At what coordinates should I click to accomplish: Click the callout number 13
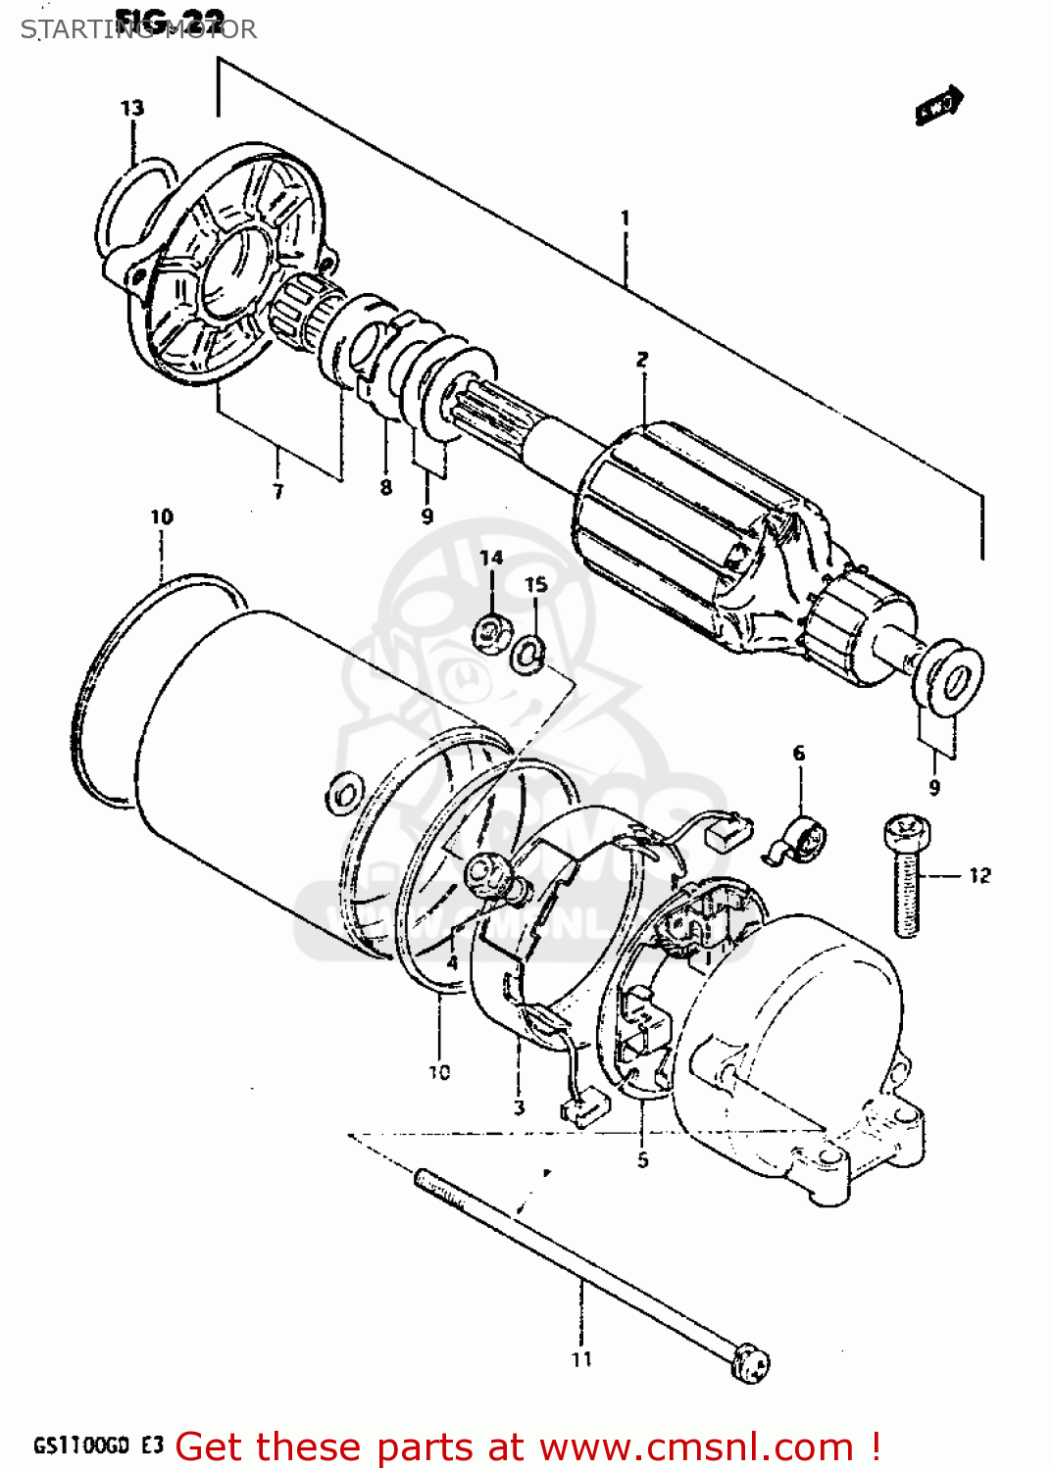tap(132, 108)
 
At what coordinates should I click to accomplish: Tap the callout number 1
tap(625, 218)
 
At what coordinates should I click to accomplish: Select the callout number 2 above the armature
tap(642, 360)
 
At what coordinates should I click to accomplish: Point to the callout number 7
tap(277, 491)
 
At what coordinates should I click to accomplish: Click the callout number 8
tap(386, 487)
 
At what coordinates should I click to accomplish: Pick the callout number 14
tap(491, 558)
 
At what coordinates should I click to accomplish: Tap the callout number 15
tap(535, 584)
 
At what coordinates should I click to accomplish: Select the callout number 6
tap(799, 753)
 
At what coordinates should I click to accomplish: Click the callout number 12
tap(979, 875)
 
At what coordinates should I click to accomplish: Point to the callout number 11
tap(581, 1359)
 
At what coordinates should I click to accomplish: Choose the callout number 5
tap(642, 1160)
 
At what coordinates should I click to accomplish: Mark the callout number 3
tap(519, 1107)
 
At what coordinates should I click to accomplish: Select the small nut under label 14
tap(492, 632)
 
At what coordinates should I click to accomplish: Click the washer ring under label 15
tap(529, 654)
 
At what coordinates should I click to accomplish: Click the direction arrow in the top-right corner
tap(939, 106)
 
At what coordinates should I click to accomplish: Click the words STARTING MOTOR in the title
tap(138, 29)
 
